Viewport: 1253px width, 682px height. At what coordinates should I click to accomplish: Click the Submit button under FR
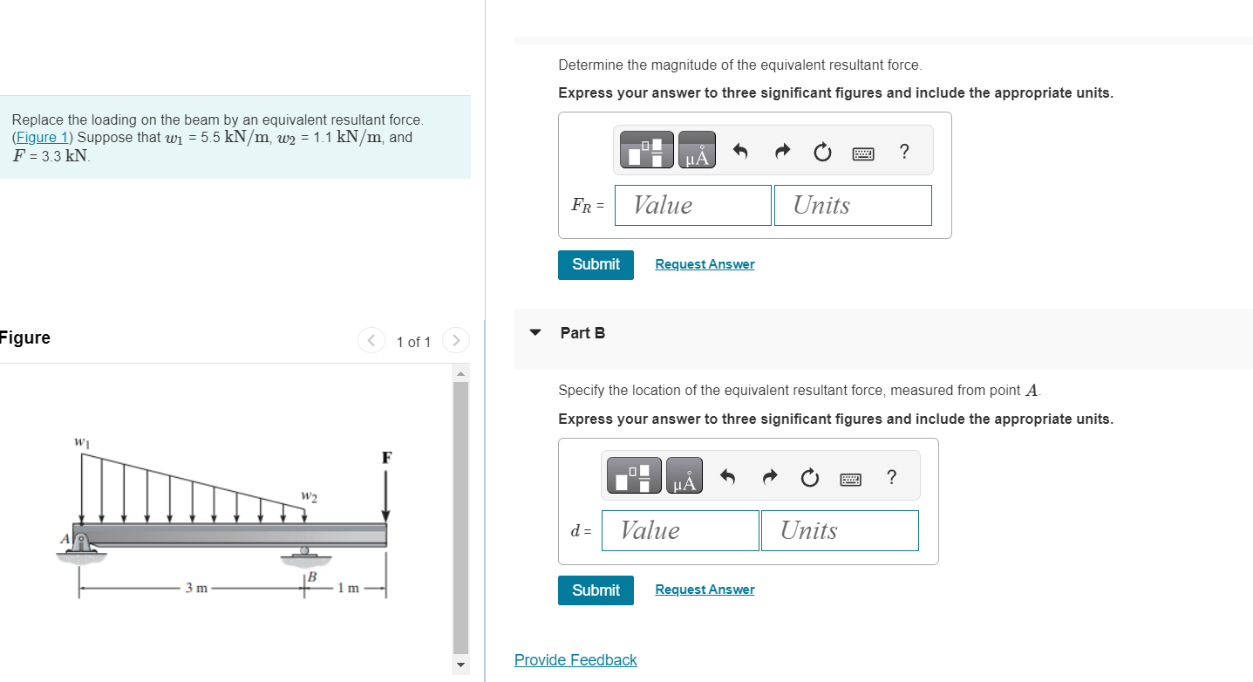(596, 264)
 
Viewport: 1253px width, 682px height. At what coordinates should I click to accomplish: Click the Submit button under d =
(596, 590)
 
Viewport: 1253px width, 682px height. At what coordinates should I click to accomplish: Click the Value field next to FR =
(692, 205)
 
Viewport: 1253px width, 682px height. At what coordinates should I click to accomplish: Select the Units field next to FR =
(852, 205)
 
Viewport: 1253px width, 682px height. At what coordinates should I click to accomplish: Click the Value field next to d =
(680, 530)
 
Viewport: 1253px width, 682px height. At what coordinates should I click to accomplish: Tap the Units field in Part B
(839, 530)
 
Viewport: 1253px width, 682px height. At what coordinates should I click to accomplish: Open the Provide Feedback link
(575, 660)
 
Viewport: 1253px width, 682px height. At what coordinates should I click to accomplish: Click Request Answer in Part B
(705, 590)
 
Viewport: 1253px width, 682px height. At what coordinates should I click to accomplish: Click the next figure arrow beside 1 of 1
(455, 340)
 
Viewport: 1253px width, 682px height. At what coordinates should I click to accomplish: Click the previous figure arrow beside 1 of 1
(371, 340)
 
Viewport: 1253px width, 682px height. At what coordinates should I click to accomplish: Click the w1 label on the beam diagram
(81, 442)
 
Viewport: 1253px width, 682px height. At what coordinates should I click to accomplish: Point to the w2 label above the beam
(309, 497)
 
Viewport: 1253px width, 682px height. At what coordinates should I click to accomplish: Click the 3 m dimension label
(196, 588)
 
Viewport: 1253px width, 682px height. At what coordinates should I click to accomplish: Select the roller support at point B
(304, 552)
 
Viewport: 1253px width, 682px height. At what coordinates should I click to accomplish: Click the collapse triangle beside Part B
(535, 333)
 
